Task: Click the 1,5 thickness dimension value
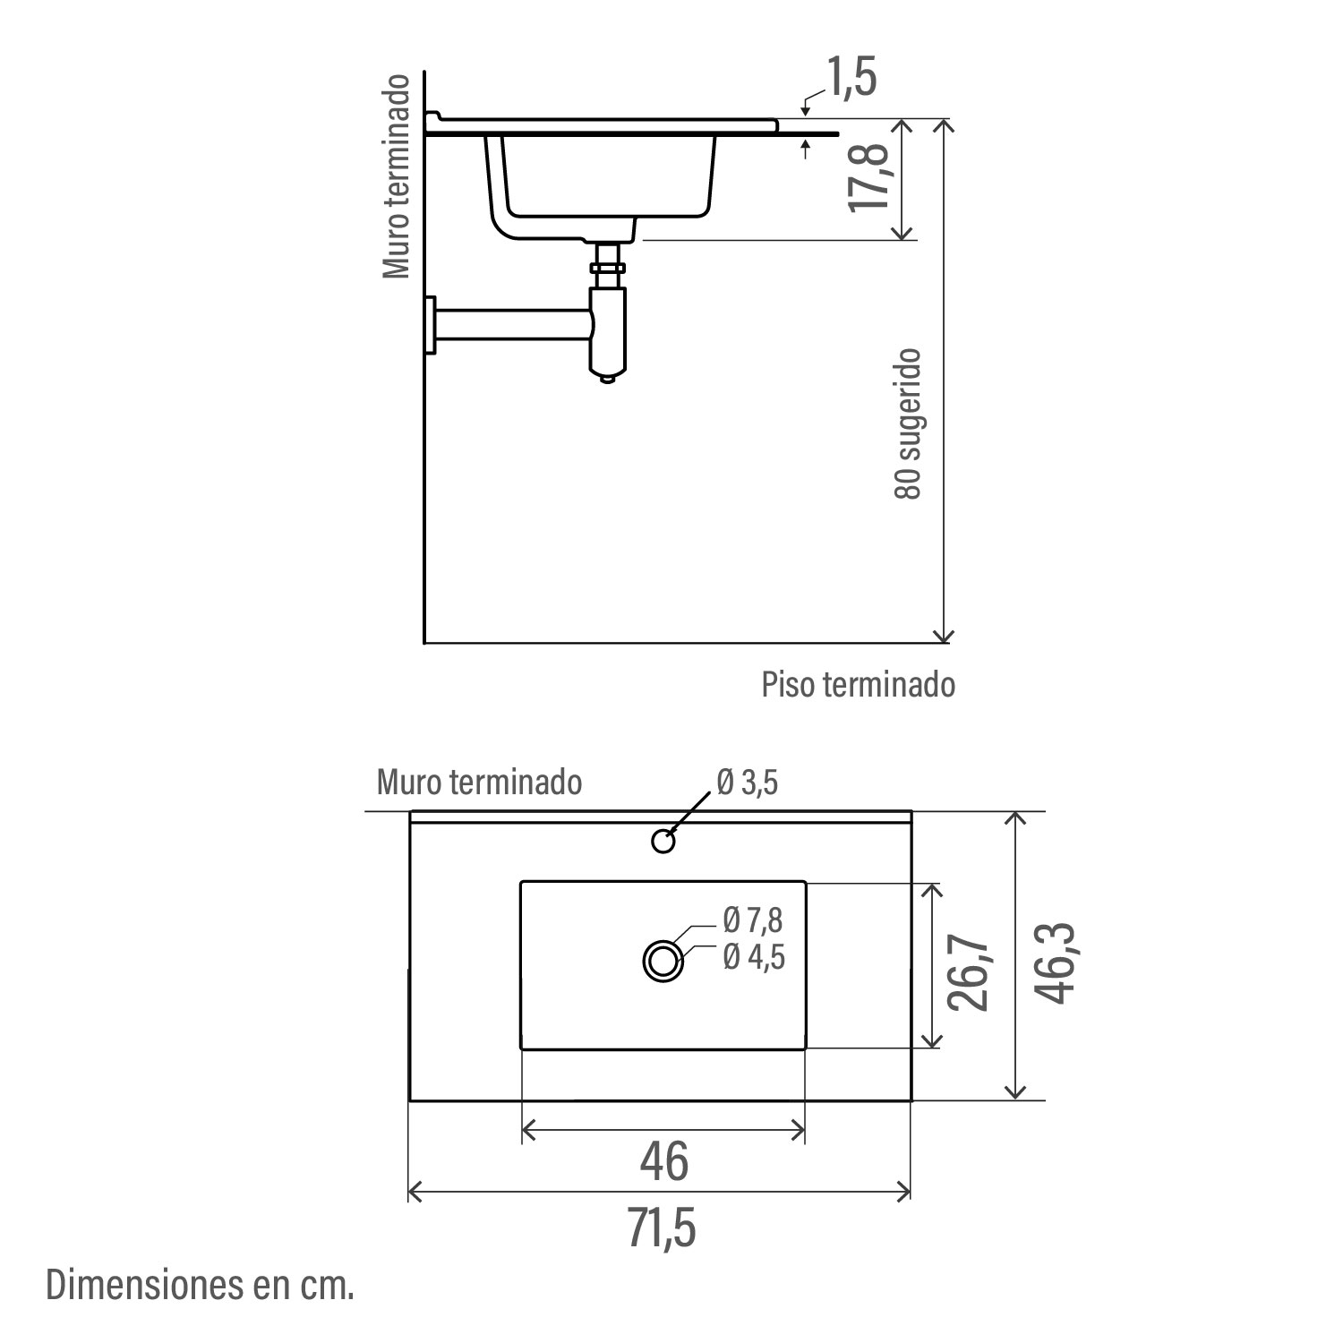click(x=851, y=77)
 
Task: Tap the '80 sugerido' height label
click(x=908, y=423)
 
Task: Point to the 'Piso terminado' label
click(x=858, y=685)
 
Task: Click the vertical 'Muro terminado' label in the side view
click(x=396, y=176)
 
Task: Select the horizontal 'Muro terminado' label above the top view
click(x=479, y=782)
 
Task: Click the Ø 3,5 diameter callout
click(x=747, y=783)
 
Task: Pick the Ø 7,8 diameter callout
click(x=753, y=920)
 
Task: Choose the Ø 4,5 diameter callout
click(x=753, y=957)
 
